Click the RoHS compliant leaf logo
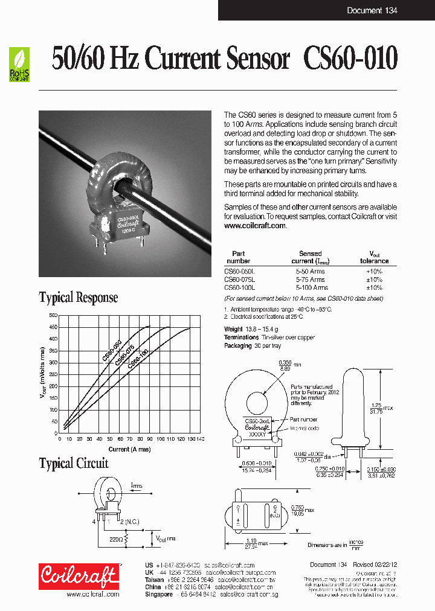click(x=19, y=65)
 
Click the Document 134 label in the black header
click(x=372, y=10)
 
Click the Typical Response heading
click(x=79, y=298)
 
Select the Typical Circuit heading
click(x=74, y=464)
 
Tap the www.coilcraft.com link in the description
click(x=255, y=225)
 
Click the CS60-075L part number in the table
click(x=240, y=280)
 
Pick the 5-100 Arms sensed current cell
click(x=310, y=288)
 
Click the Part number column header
click(x=238, y=257)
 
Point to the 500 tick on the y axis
click(x=53, y=316)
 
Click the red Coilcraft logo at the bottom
click(x=79, y=576)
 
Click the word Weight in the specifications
click(x=233, y=329)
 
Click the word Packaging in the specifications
click(x=238, y=346)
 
